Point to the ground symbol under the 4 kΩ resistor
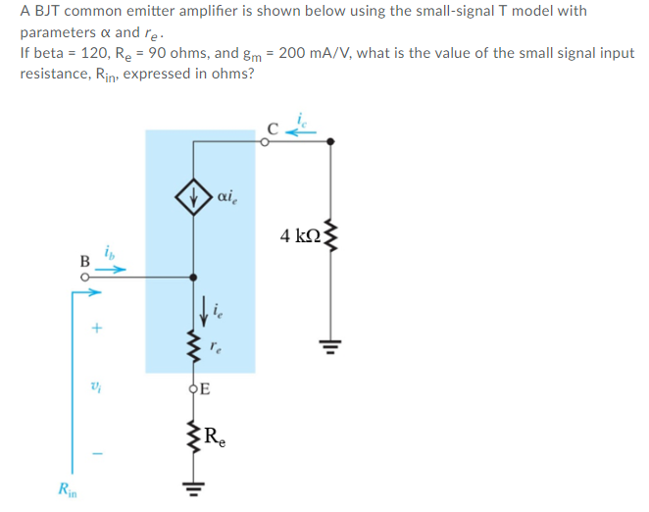coord(329,344)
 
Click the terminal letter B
coord(84,261)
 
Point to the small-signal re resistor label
coord(225,345)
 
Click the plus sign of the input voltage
coord(96,331)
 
